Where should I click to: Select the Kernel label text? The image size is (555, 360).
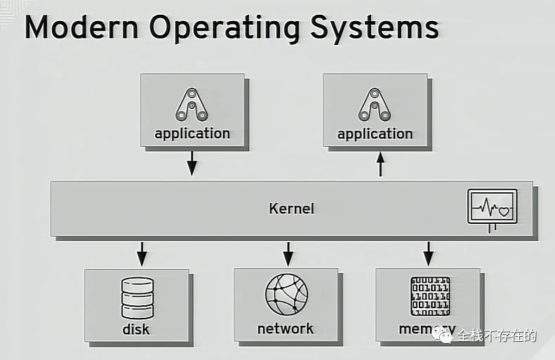pyautogui.click(x=291, y=208)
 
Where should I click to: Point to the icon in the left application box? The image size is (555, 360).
pyautogui.click(x=192, y=105)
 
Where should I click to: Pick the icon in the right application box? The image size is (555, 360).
pyautogui.click(x=375, y=105)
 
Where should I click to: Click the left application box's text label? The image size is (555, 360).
pyautogui.click(x=192, y=133)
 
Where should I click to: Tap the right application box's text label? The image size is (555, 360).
pyautogui.click(x=375, y=133)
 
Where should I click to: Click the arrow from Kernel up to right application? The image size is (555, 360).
pyautogui.click(x=381, y=165)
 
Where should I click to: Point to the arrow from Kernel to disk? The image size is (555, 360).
pyautogui.click(x=141, y=254)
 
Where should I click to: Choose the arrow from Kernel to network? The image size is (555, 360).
pyautogui.click(x=288, y=254)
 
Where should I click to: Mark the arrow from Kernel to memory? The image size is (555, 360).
pyautogui.click(x=429, y=254)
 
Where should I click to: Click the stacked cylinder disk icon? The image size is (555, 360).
pyautogui.click(x=137, y=298)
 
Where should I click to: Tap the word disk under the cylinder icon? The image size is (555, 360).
pyautogui.click(x=136, y=329)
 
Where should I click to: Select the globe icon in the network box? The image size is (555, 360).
pyautogui.click(x=286, y=295)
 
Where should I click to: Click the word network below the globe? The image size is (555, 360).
pyautogui.click(x=286, y=328)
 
